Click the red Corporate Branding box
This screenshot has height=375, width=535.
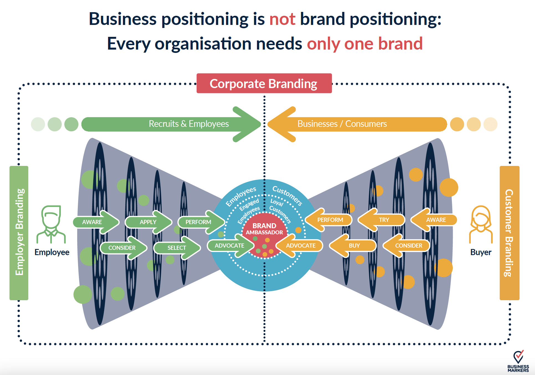264,83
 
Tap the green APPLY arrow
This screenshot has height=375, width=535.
148,222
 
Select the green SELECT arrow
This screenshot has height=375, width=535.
177,248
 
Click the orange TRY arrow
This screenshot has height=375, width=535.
384,220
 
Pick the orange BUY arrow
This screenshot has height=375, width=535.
354,246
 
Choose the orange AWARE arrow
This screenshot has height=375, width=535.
436,220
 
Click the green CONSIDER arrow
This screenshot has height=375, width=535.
122,248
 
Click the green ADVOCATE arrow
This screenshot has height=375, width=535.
230,246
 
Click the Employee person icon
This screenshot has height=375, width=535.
51,224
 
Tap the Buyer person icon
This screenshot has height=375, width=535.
481,224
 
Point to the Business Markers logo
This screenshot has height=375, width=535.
518,361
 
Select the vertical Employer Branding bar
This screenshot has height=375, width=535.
19,233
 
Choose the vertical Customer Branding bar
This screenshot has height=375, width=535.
509,233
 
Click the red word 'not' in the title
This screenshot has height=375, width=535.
282,19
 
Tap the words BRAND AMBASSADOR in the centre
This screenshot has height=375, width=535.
264,229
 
